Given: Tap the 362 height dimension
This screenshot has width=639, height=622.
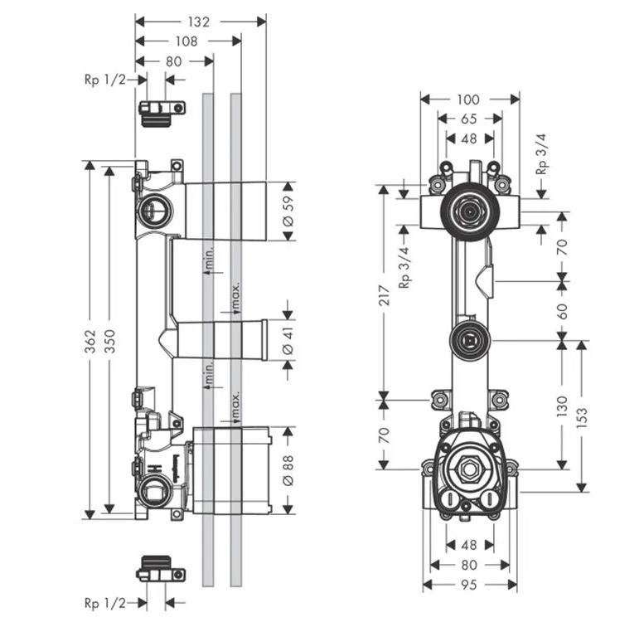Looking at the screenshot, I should click(91, 340).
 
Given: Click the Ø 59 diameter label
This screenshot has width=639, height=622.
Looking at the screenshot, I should click(288, 211).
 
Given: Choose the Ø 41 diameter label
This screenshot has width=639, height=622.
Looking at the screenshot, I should click(288, 340).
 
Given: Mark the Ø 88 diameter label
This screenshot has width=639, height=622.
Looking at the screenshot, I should click(288, 470).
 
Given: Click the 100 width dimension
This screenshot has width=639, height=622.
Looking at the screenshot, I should click(468, 100).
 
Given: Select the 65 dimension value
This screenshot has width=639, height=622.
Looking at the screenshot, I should click(469, 119).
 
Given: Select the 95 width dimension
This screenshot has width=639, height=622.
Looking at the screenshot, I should click(469, 585).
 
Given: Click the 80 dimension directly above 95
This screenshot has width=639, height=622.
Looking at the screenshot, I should click(469, 565).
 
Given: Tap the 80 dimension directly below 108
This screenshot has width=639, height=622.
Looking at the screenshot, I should click(174, 61).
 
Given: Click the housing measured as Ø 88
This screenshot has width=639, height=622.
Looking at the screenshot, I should click(232, 470).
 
